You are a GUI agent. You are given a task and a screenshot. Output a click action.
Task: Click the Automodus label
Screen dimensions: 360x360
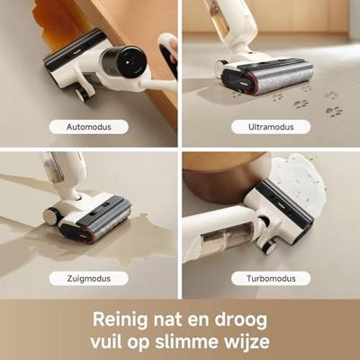pos(89,127)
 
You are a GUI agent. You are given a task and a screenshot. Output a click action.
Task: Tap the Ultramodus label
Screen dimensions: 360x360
pos(271,127)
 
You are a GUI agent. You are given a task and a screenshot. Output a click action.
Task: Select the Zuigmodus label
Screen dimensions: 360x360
pos(89,278)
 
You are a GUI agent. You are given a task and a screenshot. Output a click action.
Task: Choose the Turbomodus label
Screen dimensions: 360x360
pos(271,278)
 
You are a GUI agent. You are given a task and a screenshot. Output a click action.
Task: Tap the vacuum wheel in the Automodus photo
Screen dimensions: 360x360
pos(82,92)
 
